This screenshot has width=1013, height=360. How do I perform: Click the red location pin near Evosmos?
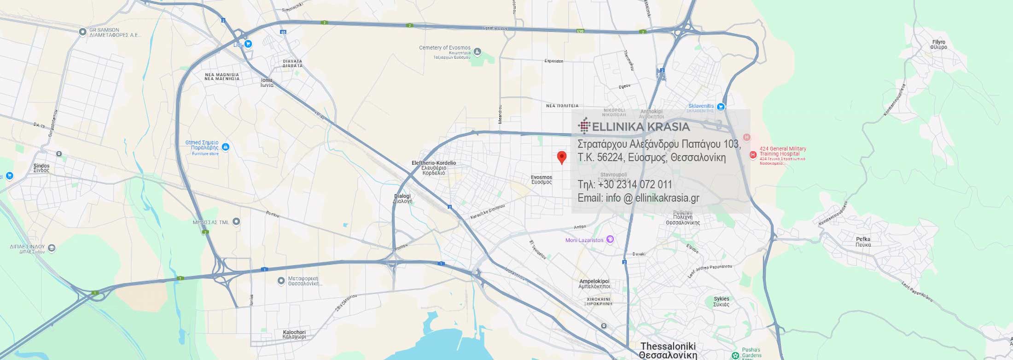pos(561,157)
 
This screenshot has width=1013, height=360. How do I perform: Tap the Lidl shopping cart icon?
pos(248,44)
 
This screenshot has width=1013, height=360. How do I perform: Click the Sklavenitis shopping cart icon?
pos(721,107)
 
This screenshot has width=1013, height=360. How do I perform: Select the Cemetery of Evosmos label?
pos(445,48)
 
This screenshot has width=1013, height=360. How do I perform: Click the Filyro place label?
pos(938,45)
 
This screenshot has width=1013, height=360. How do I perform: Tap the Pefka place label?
pos(863,242)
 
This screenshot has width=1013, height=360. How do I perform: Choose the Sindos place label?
pos(41,168)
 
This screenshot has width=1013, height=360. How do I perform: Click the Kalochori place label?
pos(294,334)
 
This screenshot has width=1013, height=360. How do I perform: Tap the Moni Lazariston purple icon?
pos(610,239)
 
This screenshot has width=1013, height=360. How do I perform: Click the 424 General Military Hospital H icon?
pos(753,155)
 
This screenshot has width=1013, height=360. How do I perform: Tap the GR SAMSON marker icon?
pos(82,32)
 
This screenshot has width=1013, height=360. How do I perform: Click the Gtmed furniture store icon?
pos(225,147)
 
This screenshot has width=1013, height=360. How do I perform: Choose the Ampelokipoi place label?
pos(594,284)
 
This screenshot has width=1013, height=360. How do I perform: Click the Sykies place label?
pos(721,302)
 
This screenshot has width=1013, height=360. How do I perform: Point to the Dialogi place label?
pos(402,198)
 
